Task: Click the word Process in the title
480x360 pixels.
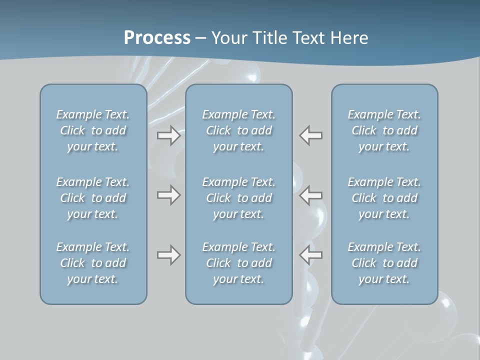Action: pyautogui.click(x=157, y=38)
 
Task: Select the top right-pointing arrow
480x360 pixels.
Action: pyautogui.click(x=168, y=135)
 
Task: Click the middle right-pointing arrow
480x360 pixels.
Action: pyautogui.click(x=168, y=194)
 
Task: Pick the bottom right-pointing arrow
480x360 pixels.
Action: pyautogui.click(x=168, y=255)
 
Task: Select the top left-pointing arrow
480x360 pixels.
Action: pyautogui.click(x=311, y=135)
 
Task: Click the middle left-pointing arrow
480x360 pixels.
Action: pyautogui.click(x=311, y=194)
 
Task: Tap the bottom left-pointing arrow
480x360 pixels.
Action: pyautogui.click(x=311, y=255)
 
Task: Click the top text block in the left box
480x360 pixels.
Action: pyautogui.click(x=93, y=130)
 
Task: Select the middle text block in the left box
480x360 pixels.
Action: pyautogui.click(x=93, y=198)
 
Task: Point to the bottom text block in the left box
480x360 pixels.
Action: pyautogui.click(x=93, y=263)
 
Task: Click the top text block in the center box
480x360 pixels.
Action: pyautogui.click(x=238, y=130)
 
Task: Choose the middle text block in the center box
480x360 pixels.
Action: pyautogui.click(x=238, y=198)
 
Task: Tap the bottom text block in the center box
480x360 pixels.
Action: pyautogui.click(x=238, y=263)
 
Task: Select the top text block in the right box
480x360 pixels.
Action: pyautogui.click(x=384, y=130)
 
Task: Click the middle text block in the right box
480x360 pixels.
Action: pyautogui.click(x=384, y=198)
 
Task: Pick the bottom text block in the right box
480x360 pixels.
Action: pyautogui.click(x=384, y=263)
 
